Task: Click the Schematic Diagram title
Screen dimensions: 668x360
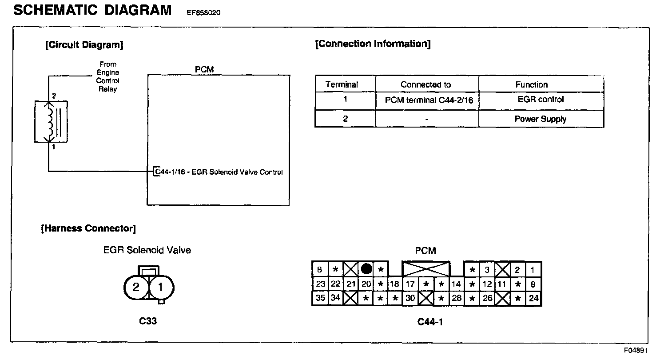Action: coord(92,10)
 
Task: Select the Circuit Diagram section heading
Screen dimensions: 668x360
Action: coord(84,44)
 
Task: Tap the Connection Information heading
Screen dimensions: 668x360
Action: coord(373,44)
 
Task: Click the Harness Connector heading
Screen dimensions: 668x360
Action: coord(88,228)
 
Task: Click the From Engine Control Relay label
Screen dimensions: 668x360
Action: coord(108,76)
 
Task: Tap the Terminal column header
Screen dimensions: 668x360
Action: coord(342,84)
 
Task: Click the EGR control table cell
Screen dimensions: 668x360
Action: coord(541,99)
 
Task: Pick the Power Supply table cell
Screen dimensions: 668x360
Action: coord(541,119)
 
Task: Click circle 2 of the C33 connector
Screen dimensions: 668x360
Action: coord(136,287)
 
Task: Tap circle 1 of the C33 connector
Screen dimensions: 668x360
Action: coord(160,287)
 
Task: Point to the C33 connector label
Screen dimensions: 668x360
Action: coord(147,321)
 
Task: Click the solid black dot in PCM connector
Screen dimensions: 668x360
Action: coord(366,269)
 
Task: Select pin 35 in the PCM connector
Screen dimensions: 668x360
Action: coord(320,298)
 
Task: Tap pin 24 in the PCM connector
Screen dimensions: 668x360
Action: coord(533,298)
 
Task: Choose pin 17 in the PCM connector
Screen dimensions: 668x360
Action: coord(410,284)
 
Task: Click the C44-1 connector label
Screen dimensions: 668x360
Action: coord(430,322)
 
